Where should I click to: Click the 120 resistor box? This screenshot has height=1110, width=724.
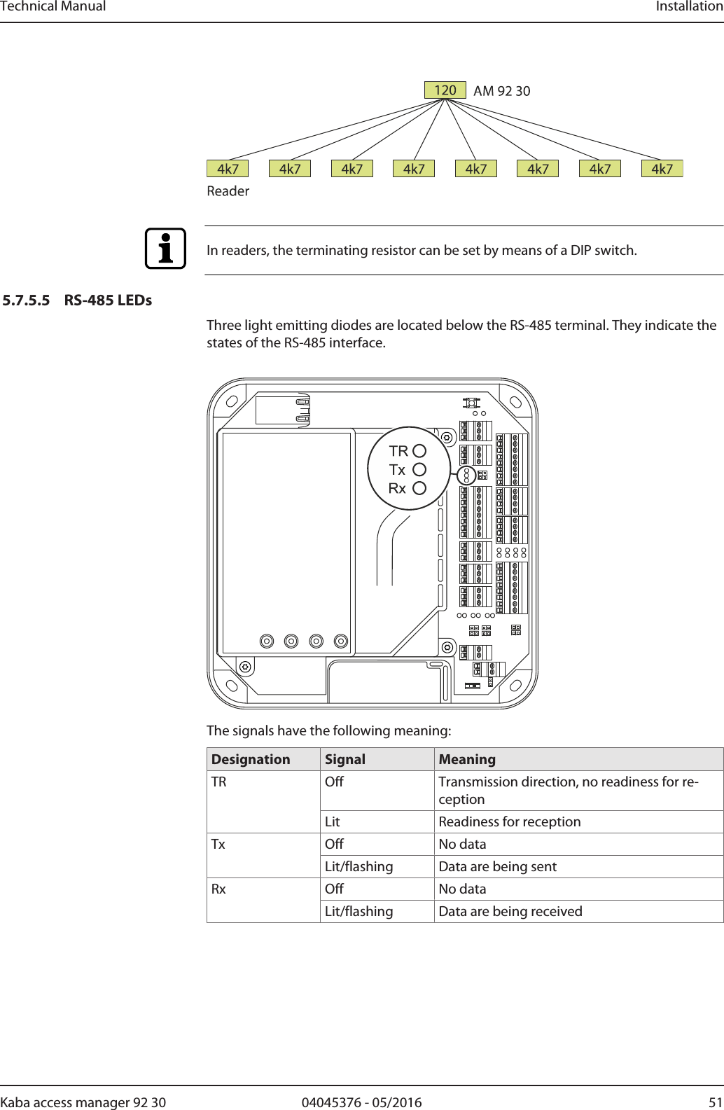(x=445, y=90)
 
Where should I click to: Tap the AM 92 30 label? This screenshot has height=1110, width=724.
(x=501, y=91)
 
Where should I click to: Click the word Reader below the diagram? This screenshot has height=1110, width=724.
(x=228, y=191)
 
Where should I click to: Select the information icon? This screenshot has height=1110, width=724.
(x=165, y=249)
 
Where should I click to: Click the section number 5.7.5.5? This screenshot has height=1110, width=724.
(x=27, y=300)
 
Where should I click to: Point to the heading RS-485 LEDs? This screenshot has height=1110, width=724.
(x=108, y=300)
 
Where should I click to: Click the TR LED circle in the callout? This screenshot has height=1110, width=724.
(x=419, y=451)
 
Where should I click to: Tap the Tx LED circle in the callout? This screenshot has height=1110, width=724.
(x=419, y=470)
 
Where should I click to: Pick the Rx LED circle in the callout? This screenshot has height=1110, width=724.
(x=419, y=488)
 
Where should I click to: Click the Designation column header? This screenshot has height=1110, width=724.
(x=251, y=760)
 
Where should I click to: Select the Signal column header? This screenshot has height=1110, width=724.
(x=345, y=760)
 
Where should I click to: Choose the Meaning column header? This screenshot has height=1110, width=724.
(x=467, y=760)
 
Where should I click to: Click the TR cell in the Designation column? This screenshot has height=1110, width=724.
(x=219, y=782)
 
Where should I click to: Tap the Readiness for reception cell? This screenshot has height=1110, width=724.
(x=510, y=822)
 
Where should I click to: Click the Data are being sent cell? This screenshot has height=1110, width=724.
(x=497, y=867)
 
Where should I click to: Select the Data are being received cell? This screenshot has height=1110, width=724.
(x=510, y=912)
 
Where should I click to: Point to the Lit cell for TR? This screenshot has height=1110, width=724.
(x=333, y=822)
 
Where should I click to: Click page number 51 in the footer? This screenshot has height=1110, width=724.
(x=715, y=1102)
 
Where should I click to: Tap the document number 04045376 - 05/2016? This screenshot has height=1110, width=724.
(x=361, y=1102)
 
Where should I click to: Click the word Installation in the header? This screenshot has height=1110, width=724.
(x=689, y=7)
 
